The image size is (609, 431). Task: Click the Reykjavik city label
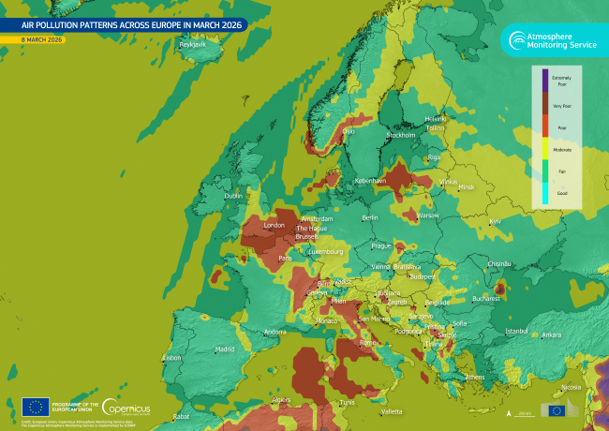pyautogui.click(x=192, y=45)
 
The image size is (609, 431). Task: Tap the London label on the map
pyautogui.click(x=275, y=226)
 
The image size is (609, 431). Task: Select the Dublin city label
pyautogui.click(x=232, y=196)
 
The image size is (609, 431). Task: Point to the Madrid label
pyautogui.click(x=225, y=349)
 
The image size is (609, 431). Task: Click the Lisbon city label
pyautogui.click(x=171, y=357)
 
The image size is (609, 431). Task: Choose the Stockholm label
pyautogui.click(x=402, y=136)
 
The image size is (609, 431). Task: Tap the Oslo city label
pyautogui.click(x=349, y=131)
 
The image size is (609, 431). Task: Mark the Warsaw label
pyautogui.click(x=428, y=215)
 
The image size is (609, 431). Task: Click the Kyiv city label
pyautogui.click(x=496, y=221)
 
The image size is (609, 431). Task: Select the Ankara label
pyautogui.click(x=552, y=334)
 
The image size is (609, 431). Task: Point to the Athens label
pyautogui.click(x=475, y=378)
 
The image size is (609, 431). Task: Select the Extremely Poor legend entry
pyautogui.click(x=561, y=80)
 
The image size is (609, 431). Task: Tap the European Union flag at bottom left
pyautogui.click(x=36, y=406)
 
